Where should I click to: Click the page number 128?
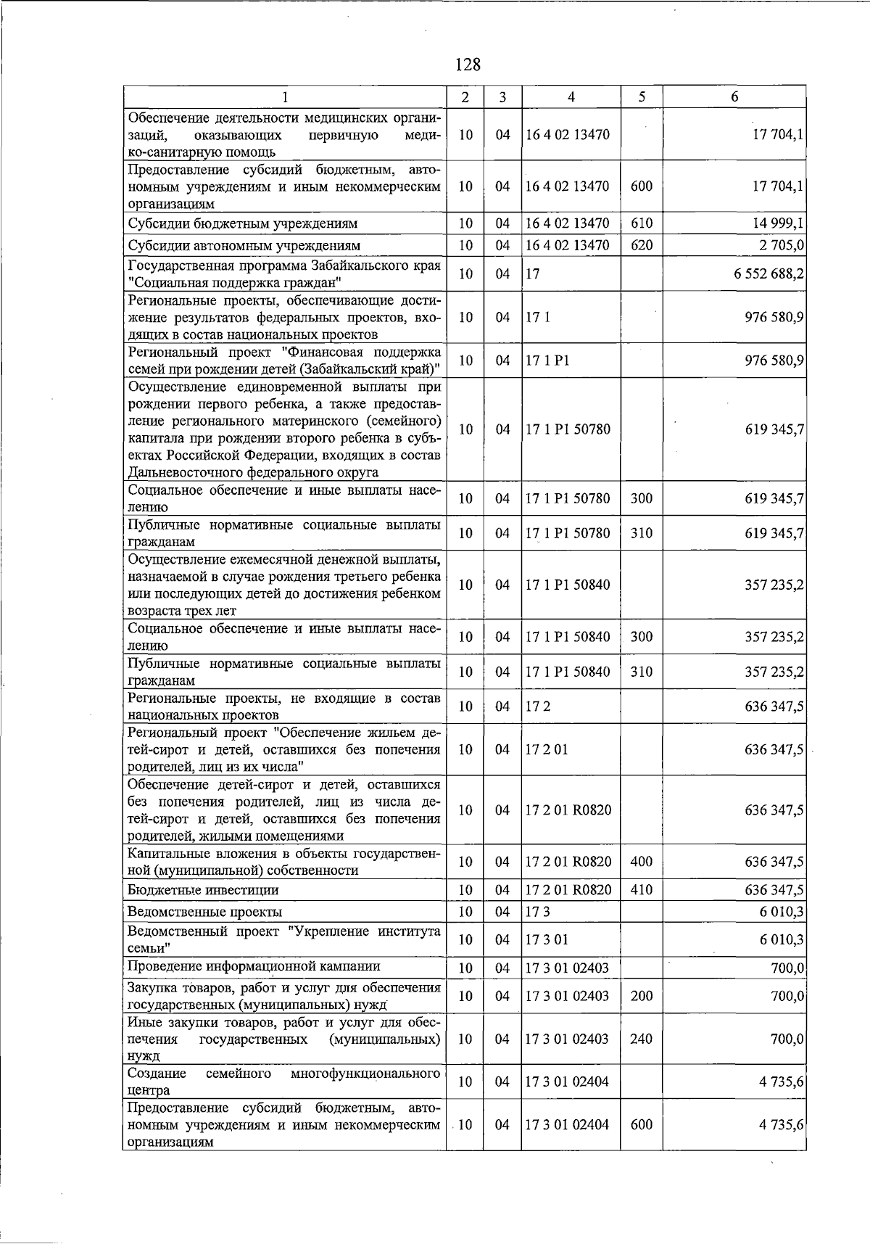pos(468,65)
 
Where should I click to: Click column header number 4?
pos(571,97)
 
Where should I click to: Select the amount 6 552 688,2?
pos(768,274)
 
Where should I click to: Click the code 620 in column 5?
pos(642,245)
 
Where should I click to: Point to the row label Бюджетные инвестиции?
pos(203,890)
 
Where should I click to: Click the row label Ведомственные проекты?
pos(204,912)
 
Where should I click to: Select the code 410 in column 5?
pos(642,890)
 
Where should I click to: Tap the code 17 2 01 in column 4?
pos(547,749)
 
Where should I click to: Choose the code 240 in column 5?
pos(642,1039)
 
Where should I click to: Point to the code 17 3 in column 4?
pos(537,912)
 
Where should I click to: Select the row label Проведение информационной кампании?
pos(254,966)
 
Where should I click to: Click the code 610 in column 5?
pos(642,223)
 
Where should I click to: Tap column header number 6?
pos(734,97)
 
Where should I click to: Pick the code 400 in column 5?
pos(642,862)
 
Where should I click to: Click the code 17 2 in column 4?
pos(537,707)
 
